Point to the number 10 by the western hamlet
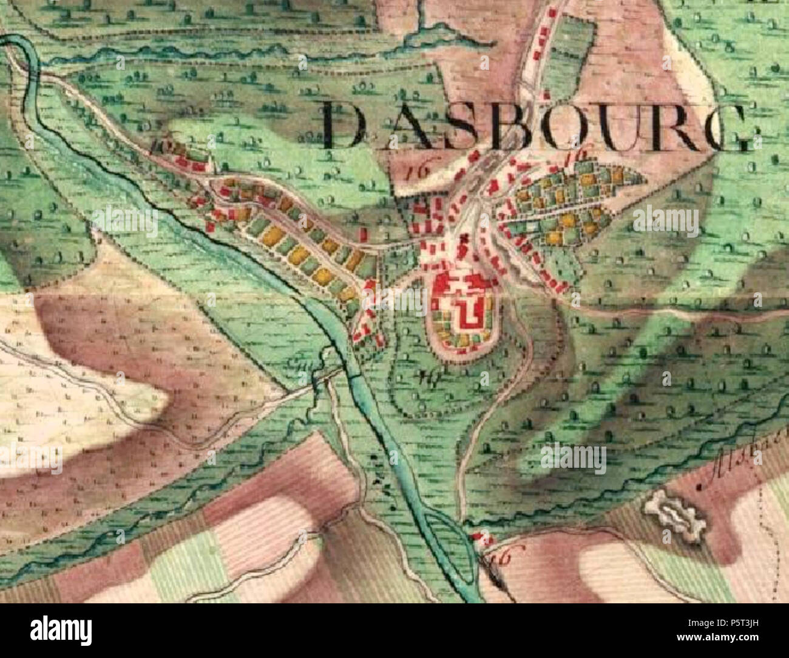(x=160, y=146)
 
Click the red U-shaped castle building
(x=467, y=311)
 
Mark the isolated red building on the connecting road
(x=364, y=233)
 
